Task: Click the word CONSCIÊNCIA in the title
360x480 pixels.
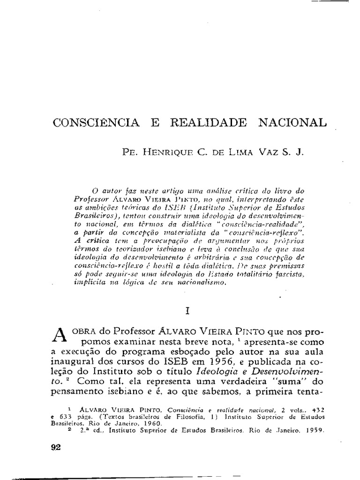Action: tap(96, 122)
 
